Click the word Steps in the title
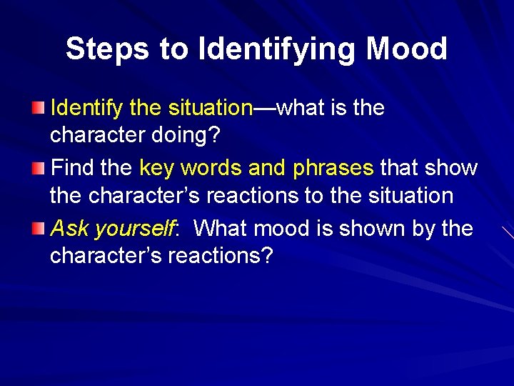(x=107, y=49)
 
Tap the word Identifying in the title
(x=278, y=49)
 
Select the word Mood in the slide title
(x=406, y=49)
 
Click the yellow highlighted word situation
(x=211, y=108)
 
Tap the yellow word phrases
(x=333, y=168)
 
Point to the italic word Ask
(x=69, y=228)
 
